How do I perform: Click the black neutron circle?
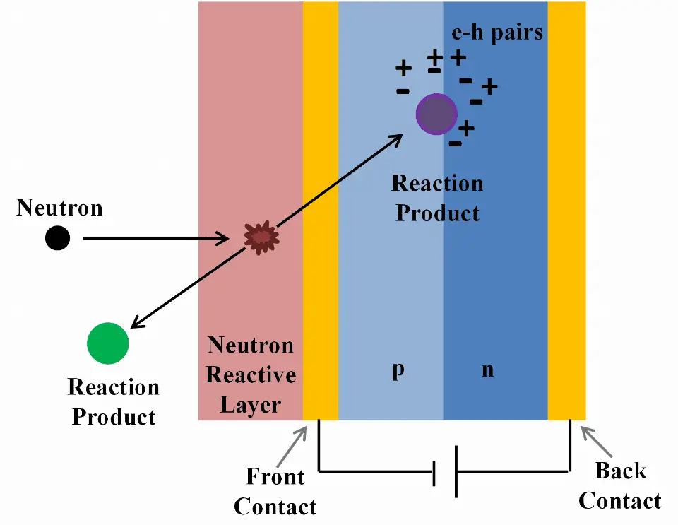click(57, 239)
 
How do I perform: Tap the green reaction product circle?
click(107, 343)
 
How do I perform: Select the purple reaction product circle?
click(437, 114)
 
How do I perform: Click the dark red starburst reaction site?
click(261, 238)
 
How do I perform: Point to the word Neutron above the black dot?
click(59, 208)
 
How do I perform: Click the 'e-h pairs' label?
click(498, 33)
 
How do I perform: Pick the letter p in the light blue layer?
click(398, 370)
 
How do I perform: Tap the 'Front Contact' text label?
click(275, 491)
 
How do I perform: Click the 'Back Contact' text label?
click(619, 486)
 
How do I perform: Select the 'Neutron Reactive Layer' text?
click(250, 374)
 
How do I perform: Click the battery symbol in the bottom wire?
click(445, 471)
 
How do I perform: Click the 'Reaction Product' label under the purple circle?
click(437, 198)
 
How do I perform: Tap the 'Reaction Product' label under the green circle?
click(114, 401)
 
